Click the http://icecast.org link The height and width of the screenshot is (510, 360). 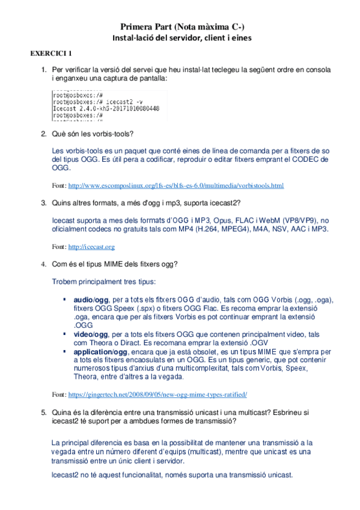pos(91,247)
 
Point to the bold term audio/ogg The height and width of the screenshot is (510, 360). pos(91,300)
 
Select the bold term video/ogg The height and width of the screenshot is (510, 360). pos(91,334)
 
